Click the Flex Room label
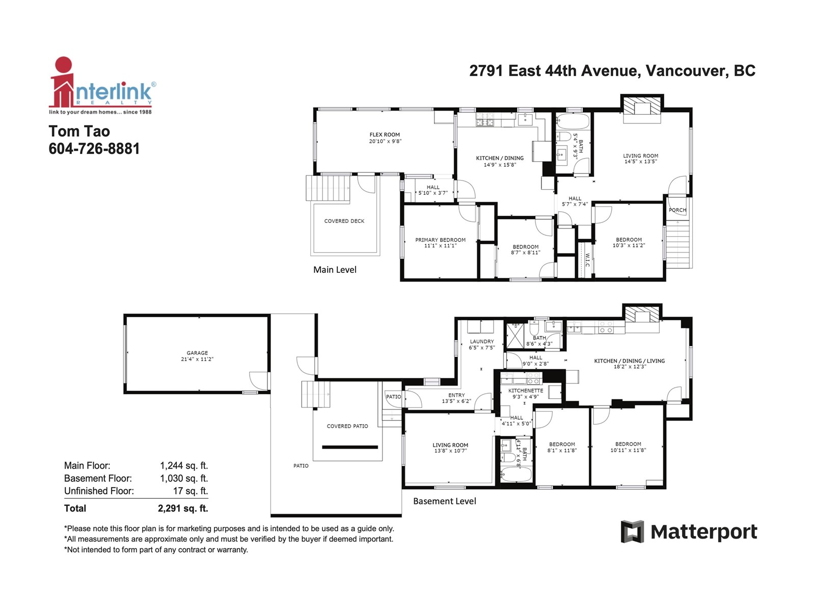[385, 135]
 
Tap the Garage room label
[197, 352]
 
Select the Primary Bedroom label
[440, 240]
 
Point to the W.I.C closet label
[587, 260]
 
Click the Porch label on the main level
[677, 210]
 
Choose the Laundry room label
[481, 341]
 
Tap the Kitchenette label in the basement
[525, 391]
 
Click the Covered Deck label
[344, 221]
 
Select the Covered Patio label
[347, 426]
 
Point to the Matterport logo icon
[632, 531]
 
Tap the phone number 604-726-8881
[94, 148]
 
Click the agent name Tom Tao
[79, 131]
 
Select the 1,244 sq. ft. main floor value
[184, 466]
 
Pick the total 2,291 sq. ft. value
[183, 508]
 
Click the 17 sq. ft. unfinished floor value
[191, 491]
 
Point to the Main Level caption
[335, 269]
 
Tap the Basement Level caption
[445, 501]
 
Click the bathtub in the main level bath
[573, 121]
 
